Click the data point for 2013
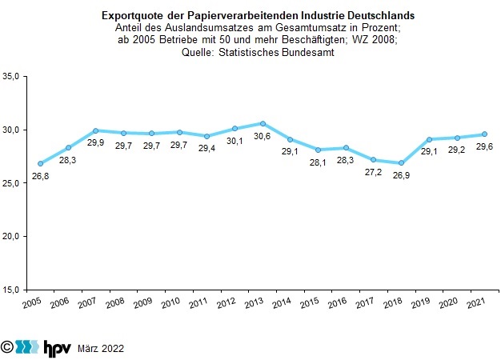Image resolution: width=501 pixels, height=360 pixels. (263, 123)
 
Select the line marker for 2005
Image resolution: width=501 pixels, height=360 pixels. (41, 163)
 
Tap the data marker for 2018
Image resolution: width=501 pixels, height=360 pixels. (401, 162)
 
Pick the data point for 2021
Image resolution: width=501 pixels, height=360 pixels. (484, 134)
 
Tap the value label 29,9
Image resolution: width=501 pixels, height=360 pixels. (95, 142)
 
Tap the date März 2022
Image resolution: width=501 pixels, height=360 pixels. (100, 348)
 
